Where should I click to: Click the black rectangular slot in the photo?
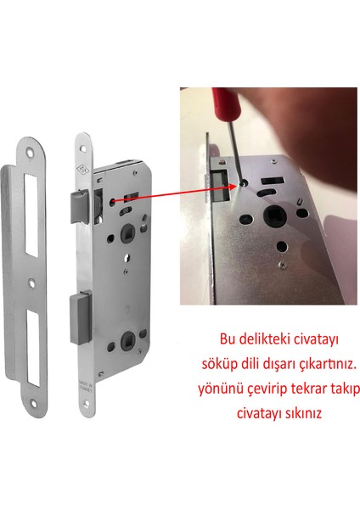[276, 182]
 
